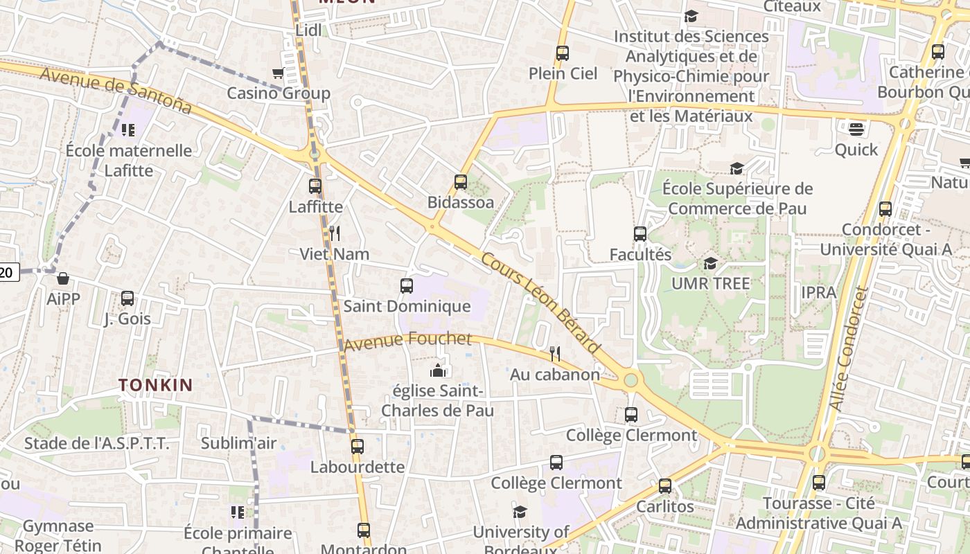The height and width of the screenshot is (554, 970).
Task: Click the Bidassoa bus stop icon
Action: [x=461, y=182]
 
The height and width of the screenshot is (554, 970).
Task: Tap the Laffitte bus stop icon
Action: [x=315, y=186]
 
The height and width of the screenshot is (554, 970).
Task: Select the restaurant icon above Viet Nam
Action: [x=335, y=233]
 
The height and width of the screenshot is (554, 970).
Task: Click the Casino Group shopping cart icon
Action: [x=279, y=73]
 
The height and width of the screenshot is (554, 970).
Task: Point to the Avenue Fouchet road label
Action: [x=407, y=340]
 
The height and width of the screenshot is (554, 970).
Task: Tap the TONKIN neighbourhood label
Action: [x=155, y=386]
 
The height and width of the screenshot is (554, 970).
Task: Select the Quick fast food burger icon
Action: [x=856, y=129]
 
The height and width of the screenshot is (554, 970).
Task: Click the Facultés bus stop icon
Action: [x=640, y=234]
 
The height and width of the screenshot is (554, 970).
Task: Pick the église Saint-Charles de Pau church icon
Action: [x=438, y=370]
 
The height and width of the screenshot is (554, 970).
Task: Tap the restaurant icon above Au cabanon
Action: [x=555, y=354]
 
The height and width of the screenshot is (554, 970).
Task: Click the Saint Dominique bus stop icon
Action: [x=407, y=285]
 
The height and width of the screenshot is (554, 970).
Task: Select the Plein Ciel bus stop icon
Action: [x=563, y=53]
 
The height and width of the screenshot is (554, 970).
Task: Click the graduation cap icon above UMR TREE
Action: [x=710, y=263]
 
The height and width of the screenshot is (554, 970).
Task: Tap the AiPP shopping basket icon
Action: [x=63, y=278]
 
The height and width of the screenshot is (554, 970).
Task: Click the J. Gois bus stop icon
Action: [x=127, y=298]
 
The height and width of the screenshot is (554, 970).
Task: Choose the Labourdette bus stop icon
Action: [x=358, y=447]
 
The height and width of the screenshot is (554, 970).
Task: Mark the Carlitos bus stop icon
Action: [x=665, y=486]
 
